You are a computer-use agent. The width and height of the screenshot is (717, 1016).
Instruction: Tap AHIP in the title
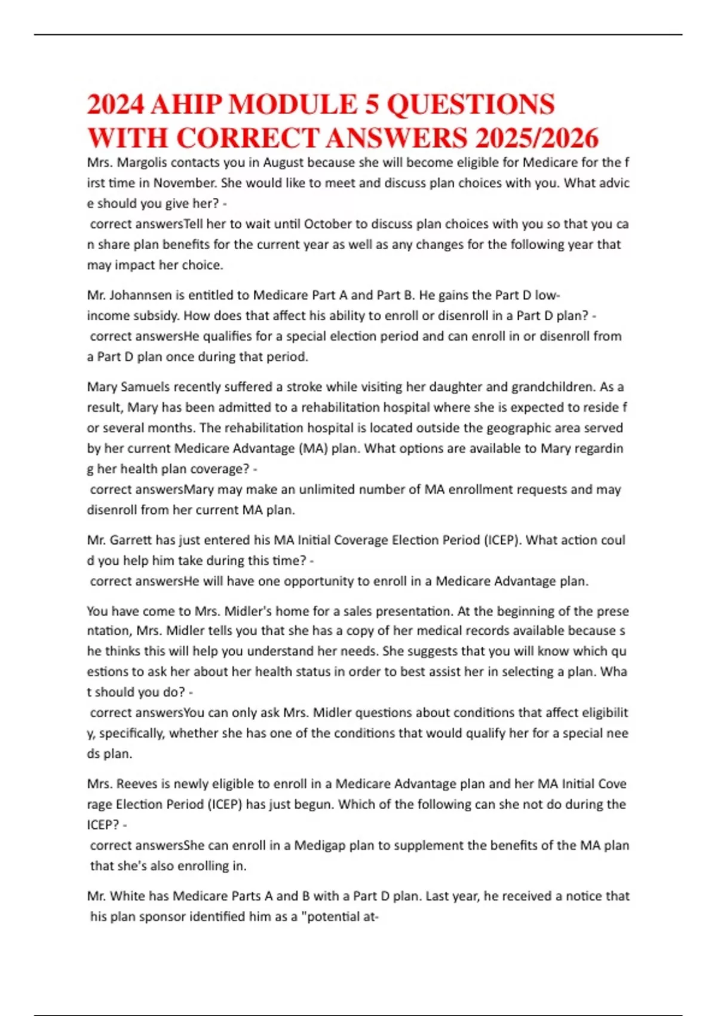pyautogui.click(x=185, y=105)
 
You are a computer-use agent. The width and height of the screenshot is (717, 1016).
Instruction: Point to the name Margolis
pyautogui.click(x=142, y=163)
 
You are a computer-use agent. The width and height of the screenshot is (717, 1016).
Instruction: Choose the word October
pyautogui.click(x=328, y=224)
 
